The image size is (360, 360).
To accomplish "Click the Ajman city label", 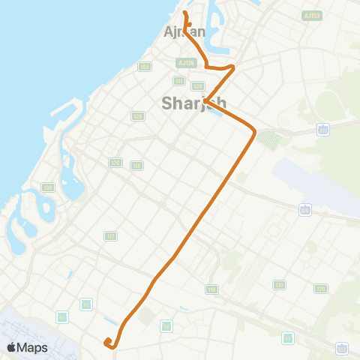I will [x=184, y=31].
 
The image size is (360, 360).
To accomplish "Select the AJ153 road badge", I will [x=310, y=15].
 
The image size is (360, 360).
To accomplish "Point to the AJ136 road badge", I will [x=187, y=63].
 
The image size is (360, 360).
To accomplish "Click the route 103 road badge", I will [x=144, y=67].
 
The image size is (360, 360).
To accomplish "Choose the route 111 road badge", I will [x=179, y=80].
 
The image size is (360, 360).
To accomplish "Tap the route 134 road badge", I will [x=198, y=86].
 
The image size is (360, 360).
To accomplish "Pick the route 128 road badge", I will [x=138, y=116].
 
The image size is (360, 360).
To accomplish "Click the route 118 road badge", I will [x=136, y=165].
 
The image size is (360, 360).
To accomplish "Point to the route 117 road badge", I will [x=111, y=236].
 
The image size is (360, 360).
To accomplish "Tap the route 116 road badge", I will [x=212, y=289].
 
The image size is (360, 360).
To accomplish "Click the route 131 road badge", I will [x=280, y=285].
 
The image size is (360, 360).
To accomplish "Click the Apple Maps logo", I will [x=27, y=347].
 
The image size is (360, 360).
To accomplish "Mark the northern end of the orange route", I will [x=184, y=13].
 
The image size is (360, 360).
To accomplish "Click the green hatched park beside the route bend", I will [x=270, y=140].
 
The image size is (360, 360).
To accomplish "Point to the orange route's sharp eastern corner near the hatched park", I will [x=255, y=133].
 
